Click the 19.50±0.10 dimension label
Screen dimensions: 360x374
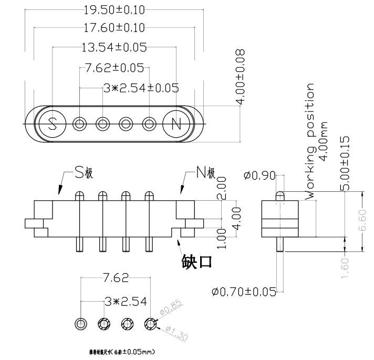coord(115,10)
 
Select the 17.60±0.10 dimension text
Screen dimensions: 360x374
coord(115,28)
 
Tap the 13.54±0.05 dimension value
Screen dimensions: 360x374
coord(114,47)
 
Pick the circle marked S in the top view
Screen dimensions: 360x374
coord(52,124)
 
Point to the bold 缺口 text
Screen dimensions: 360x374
coord(197,261)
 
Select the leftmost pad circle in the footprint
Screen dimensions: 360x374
coord(80,323)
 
